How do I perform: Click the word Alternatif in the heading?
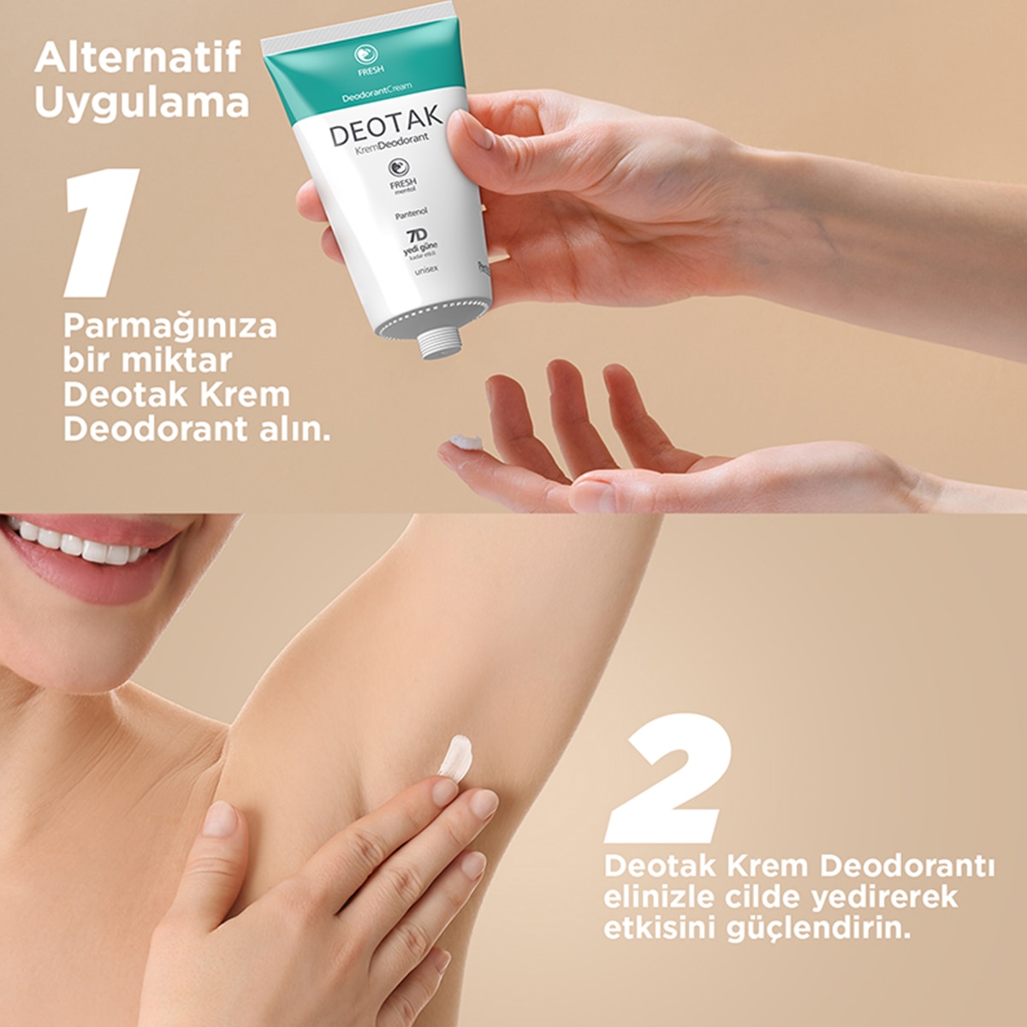pyautogui.click(x=138, y=58)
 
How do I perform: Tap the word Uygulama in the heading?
pyautogui.click(x=142, y=103)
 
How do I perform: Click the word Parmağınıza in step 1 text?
pyautogui.click(x=170, y=327)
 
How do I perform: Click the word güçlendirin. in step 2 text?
pyautogui.click(x=818, y=929)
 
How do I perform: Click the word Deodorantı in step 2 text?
pyautogui.click(x=907, y=866)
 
